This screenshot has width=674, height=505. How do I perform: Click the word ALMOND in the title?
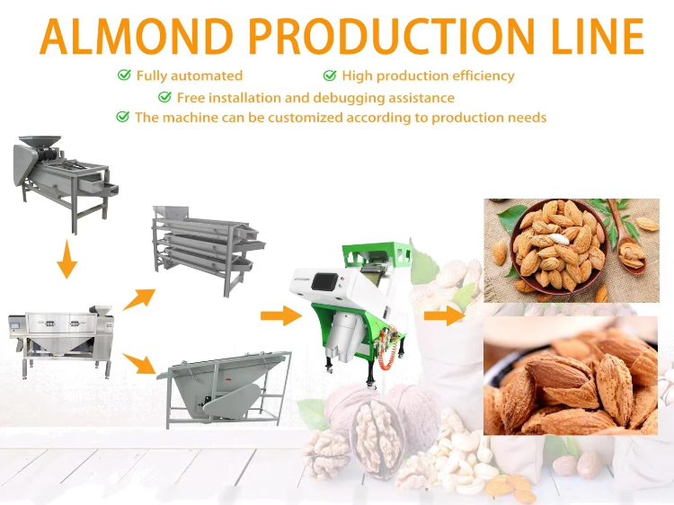point(137,36)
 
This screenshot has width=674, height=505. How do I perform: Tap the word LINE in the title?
point(598,36)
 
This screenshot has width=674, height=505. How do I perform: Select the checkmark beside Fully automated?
point(124,75)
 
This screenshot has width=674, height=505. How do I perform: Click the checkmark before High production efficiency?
point(330,75)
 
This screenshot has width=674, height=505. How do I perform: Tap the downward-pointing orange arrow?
point(67,259)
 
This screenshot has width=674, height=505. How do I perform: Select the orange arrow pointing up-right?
point(138,299)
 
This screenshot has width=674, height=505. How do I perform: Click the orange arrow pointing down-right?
point(138,363)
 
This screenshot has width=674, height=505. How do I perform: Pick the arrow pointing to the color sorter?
point(281,316)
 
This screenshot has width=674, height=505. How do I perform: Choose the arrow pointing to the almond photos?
point(445,316)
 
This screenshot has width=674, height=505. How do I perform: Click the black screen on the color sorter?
point(325,281)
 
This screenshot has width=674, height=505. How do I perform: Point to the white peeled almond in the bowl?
point(559,238)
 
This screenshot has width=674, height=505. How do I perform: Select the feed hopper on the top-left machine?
point(40,142)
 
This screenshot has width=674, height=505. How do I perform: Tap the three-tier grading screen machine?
point(208,249)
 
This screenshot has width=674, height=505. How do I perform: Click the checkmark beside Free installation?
point(164,97)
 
